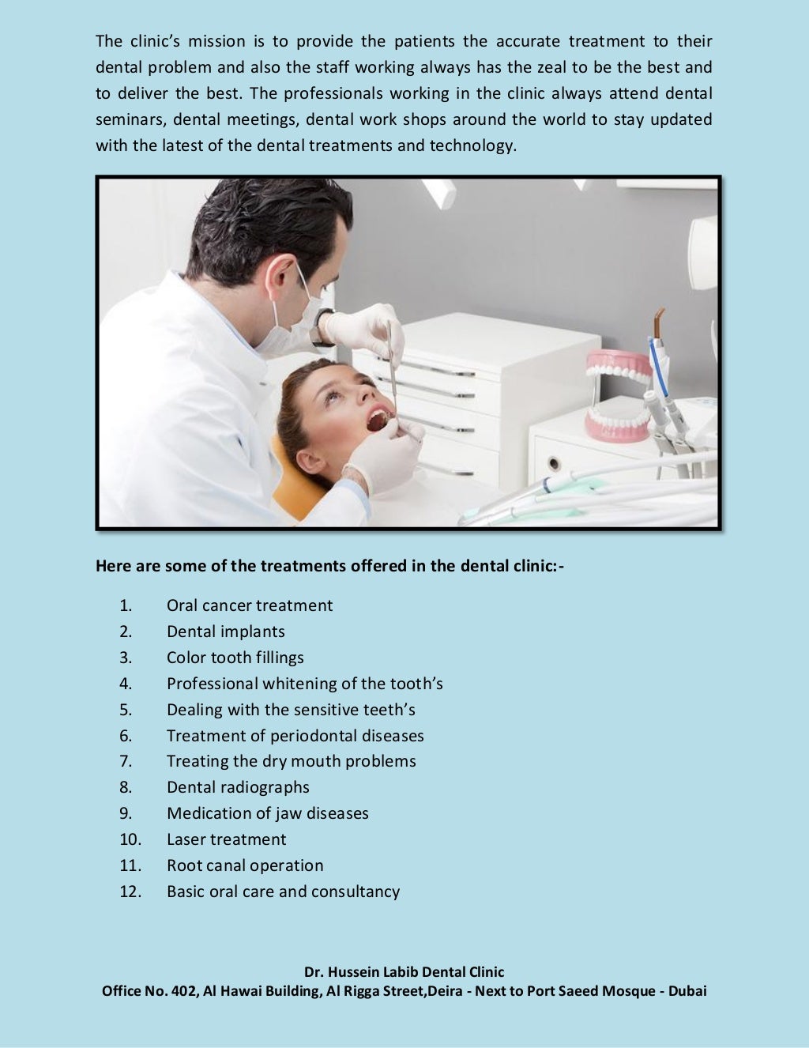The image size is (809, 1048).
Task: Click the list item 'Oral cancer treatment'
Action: pyautogui.click(x=249, y=605)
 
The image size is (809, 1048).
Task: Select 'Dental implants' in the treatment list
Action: pyautogui.click(x=225, y=631)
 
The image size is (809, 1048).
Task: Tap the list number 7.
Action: pyautogui.click(x=126, y=761)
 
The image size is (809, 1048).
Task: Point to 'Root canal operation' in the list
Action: pyautogui.click(x=245, y=865)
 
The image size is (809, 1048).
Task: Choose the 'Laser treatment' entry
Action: pyautogui.click(x=226, y=839)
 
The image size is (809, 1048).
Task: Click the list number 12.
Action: pyautogui.click(x=130, y=892)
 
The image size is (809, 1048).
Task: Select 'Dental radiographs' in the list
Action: pyautogui.click(x=238, y=787)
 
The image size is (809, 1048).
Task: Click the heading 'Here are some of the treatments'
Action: pyautogui.click(x=329, y=566)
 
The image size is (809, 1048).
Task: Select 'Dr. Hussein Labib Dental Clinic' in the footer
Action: pyautogui.click(x=404, y=972)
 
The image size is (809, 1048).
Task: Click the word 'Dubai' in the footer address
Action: pyautogui.click(x=687, y=991)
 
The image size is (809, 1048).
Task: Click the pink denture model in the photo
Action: pyautogui.click(x=619, y=395)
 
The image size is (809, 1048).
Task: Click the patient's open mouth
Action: pyautogui.click(x=378, y=419)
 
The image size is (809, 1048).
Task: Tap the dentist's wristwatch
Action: pyautogui.click(x=320, y=328)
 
